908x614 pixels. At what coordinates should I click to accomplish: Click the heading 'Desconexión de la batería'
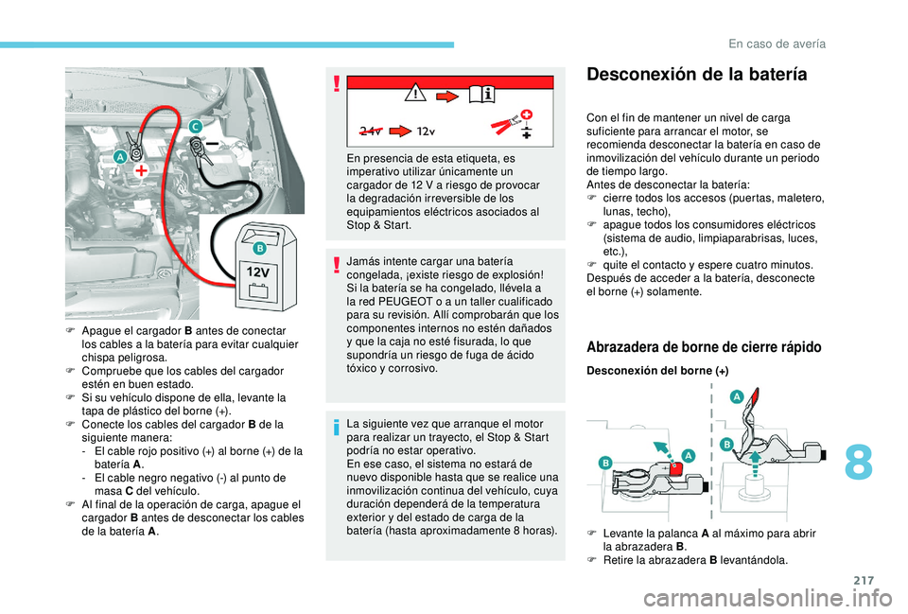697,74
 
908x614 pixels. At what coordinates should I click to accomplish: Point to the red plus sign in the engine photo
142,171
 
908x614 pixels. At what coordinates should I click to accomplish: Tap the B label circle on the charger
258,248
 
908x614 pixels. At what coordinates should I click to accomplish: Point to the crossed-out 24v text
374,130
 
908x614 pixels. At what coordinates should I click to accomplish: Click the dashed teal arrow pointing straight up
756,465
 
